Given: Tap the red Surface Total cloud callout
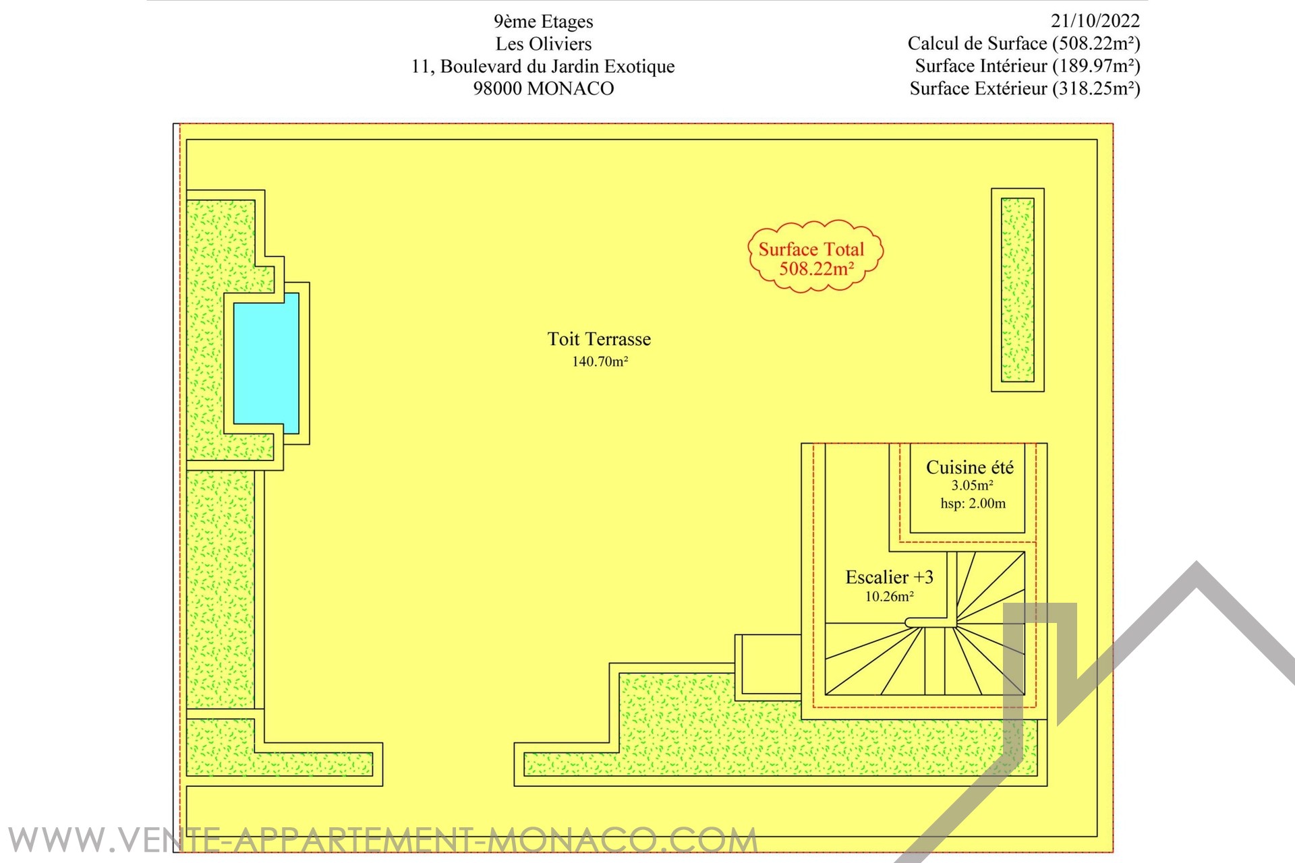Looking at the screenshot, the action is coord(815,256).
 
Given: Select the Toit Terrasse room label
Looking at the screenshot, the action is coord(599,339).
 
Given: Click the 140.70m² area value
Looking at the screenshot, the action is coord(600,361).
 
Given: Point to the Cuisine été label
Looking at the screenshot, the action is coord(969,467).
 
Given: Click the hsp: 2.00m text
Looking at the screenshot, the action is coord(973,504).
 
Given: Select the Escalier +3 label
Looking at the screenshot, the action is coord(889,577).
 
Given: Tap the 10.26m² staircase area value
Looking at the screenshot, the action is coord(889,597).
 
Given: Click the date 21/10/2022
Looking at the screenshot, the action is coord(1095,21).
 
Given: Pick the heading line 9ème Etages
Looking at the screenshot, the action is coord(543,22).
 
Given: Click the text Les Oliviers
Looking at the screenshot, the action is coord(543,44).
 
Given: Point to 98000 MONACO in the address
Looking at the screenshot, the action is coord(543,88).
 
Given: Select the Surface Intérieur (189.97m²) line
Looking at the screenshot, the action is coord(1027,66).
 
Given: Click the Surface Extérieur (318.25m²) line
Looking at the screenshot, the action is coord(1025,88).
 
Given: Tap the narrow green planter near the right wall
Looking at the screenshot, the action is coord(1017,290).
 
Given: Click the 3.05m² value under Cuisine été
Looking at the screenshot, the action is coord(972,485).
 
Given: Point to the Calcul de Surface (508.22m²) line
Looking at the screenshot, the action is coord(1023,44).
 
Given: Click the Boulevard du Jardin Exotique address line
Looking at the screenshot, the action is coord(543,66).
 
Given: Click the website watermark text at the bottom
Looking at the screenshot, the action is coord(382,841).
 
